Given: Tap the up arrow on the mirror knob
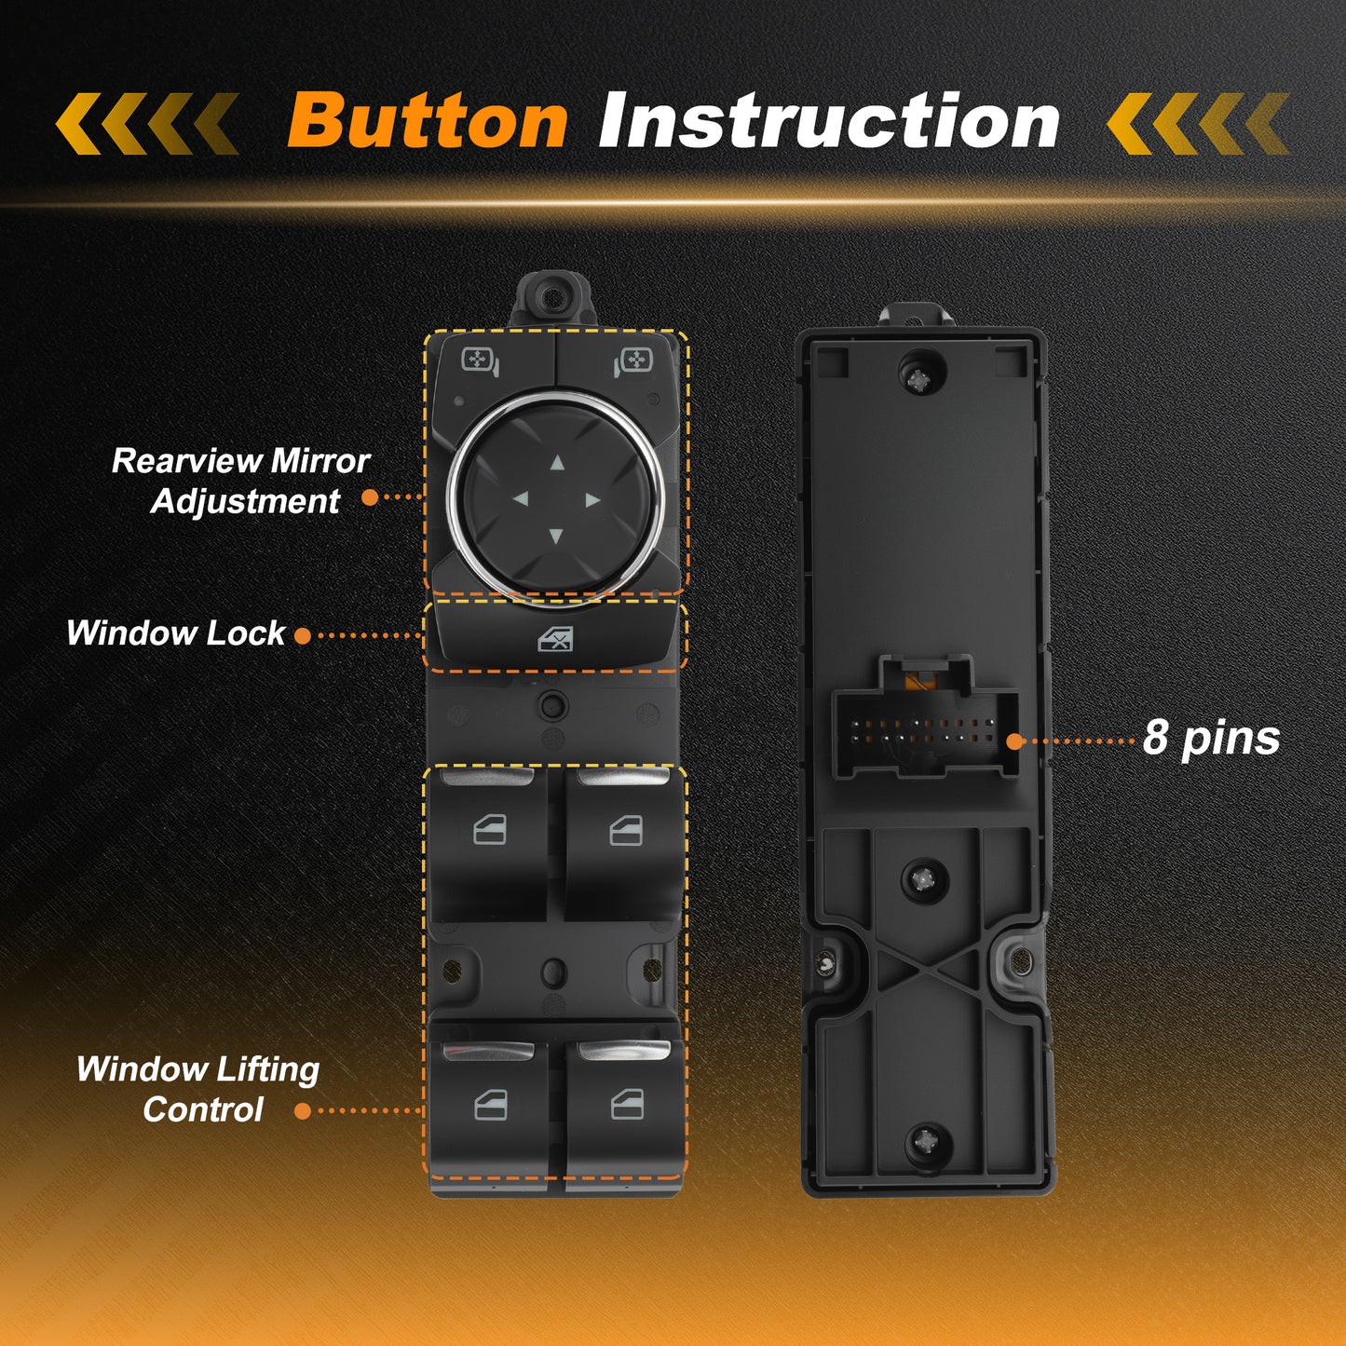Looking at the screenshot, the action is tap(557, 462).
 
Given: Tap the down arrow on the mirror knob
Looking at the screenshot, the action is tap(556, 536).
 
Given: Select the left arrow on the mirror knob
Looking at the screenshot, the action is tap(521, 498).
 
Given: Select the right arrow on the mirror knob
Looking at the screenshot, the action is tap(593, 500).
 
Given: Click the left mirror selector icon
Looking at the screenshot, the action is tap(481, 361).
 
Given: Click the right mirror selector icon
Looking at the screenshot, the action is tap(632, 361).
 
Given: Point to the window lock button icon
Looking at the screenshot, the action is tap(556, 638).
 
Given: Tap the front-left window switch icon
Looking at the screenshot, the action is tap(490, 831).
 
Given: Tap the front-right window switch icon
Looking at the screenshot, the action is tap(627, 831).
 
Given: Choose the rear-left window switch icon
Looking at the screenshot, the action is tap(490, 1105).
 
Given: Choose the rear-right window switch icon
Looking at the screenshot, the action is tap(627, 1104).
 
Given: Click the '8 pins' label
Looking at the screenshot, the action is tap(1211, 739).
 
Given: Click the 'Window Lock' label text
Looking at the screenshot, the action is tap(176, 632).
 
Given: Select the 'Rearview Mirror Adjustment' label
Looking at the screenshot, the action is tap(241, 481).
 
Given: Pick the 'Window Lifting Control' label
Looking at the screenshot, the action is tap(198, 1089).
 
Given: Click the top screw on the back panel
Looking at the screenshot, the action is tap(920, 380).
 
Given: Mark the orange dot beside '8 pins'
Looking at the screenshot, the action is tap(1015, 741).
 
